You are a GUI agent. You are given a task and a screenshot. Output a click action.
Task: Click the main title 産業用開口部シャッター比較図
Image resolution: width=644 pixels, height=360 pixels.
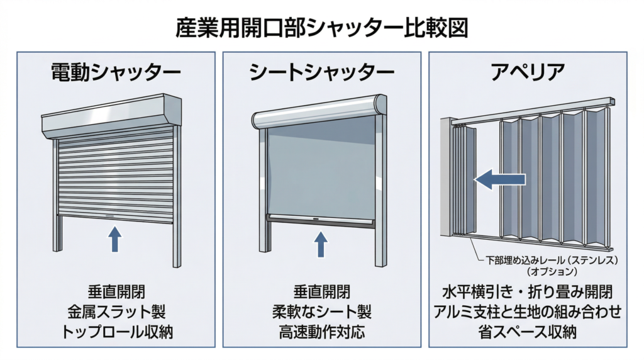click(321, 28)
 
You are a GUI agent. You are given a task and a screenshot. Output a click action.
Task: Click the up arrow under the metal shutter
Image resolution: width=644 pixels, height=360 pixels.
click(115, 239)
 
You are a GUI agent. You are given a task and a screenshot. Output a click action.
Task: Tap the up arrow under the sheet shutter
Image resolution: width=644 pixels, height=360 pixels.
click(321, 244)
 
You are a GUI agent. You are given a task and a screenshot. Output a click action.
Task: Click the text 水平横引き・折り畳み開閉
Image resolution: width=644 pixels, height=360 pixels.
click(527, 293)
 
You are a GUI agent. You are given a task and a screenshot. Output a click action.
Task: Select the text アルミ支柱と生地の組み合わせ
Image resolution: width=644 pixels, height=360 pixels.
click(527, 312)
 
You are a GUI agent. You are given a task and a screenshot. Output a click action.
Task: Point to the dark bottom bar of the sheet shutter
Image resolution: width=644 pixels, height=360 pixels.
click(321, 220)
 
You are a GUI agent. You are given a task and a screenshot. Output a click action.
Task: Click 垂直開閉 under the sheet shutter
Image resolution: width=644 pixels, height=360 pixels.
click(321, 292)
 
